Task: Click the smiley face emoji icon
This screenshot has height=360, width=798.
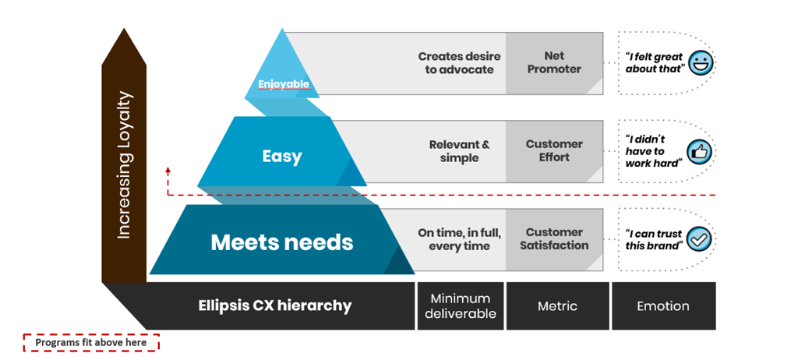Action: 701,62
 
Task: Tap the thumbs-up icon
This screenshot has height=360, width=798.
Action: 700,151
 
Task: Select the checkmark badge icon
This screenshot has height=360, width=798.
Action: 700,239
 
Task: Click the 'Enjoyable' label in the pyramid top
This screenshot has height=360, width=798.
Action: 284,84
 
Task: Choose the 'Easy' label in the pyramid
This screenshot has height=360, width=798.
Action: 281,157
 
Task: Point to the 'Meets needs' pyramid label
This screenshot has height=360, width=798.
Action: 281,242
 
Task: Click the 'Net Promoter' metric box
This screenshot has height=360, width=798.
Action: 554,62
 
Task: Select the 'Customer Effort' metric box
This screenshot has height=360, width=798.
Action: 554,150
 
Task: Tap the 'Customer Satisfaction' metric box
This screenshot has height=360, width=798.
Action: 554,238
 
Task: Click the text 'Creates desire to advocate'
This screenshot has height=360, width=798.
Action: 459,62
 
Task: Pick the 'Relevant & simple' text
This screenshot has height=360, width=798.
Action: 459,151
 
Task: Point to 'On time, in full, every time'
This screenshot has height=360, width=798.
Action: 459,239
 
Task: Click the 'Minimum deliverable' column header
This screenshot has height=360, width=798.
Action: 460,305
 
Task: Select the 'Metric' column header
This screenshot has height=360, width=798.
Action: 557,306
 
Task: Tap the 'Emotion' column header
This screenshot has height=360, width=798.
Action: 663,306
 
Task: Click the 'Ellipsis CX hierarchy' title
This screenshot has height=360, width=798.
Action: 274,305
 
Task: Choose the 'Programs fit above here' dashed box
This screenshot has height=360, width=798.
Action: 91,342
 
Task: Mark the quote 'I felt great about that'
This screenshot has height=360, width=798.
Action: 654,62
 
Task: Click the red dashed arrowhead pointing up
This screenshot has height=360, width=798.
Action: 168,169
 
